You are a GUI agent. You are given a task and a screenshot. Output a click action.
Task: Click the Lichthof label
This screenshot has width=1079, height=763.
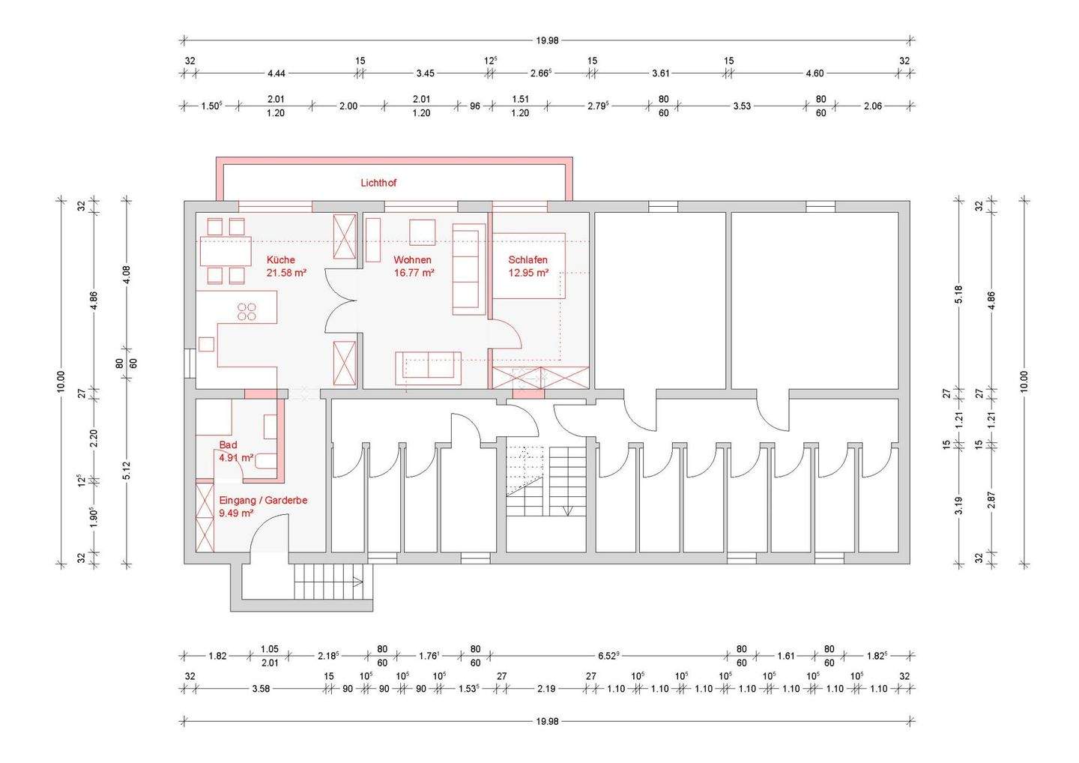(x=378, y=183)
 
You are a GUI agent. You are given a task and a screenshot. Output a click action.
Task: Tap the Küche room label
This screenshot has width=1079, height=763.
(x=281, y=260)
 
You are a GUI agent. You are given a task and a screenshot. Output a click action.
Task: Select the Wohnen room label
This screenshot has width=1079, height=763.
(x=412, y=260)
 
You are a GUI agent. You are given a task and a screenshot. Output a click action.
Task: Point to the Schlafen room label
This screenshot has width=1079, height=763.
(x=528, y=260)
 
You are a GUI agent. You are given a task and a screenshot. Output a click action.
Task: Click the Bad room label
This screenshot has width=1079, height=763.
(x=228, y=444)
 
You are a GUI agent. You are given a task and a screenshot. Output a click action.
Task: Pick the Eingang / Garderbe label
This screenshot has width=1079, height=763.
(x=263, y=501)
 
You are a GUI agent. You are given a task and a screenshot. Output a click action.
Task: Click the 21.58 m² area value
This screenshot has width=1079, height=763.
(x=286, y=273)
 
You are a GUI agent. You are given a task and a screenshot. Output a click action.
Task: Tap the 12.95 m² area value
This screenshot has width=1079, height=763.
(x=528, y=273)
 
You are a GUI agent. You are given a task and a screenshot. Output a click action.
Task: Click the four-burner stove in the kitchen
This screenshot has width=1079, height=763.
(x=247, y=312)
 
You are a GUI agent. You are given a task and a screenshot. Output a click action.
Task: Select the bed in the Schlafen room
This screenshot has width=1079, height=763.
(x=528, y=265)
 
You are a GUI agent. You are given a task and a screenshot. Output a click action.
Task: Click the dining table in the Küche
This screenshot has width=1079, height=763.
(x=226, y=250)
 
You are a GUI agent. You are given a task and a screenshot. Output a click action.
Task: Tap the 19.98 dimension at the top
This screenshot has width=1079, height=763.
(x=547, y=40)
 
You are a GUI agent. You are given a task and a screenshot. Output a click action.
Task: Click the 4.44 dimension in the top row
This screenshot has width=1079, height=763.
(x=276, y=73)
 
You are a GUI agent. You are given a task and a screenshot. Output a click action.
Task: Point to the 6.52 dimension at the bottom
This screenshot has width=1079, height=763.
(x=608, y=656)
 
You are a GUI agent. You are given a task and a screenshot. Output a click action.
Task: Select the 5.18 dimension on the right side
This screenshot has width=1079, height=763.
(x=958, y=295)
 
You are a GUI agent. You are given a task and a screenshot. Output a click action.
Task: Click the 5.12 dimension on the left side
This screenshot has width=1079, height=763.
(x=127, y=471)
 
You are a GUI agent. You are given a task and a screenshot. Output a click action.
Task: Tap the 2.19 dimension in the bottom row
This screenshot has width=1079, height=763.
(x=546, y=689)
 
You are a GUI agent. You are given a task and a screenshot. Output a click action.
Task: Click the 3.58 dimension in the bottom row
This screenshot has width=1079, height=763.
(x=261, y=689)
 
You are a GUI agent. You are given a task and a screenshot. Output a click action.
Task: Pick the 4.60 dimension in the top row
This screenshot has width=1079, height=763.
(x=815, y=73)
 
